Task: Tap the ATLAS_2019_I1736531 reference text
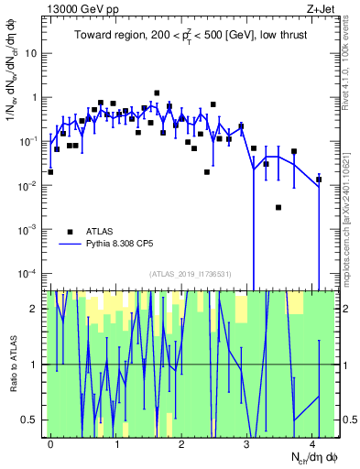tap(191, 274)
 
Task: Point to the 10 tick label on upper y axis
tap(30, 53)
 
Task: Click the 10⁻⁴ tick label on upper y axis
tap(27, 273)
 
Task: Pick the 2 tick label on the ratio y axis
tap(34, 309)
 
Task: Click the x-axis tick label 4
tap(313, 443)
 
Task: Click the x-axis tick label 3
tap(247, 443)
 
